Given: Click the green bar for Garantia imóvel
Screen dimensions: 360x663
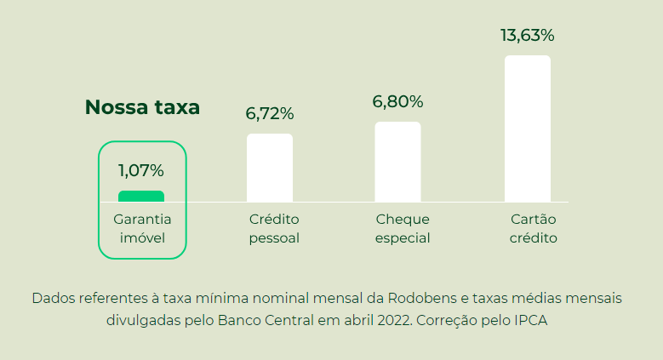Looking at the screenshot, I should [x=141, y=197].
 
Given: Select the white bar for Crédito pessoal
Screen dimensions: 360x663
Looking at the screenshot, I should [x=270, y=168].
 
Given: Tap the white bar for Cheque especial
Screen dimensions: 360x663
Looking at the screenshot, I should [x=397, y=162].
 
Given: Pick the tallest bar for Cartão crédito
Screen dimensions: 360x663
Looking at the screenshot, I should [x=527, y=129].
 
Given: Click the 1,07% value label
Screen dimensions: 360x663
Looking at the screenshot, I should [x=141, y=171].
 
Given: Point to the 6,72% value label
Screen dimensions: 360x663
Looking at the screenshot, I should [x=270, y=113].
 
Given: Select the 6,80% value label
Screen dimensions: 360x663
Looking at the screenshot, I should [x=397, y=101].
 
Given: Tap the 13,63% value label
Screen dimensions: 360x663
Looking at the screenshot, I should [x=527, y=36].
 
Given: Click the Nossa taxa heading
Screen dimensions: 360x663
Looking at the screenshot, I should [x=142, y=108].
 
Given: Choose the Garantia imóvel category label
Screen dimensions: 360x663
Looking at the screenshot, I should [x=142, y=228].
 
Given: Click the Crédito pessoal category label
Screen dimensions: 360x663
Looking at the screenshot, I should [x=274, y=228].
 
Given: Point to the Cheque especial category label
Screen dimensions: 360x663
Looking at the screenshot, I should [x=403, y=228].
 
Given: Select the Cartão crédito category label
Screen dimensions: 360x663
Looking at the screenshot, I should [x=533, y=228].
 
